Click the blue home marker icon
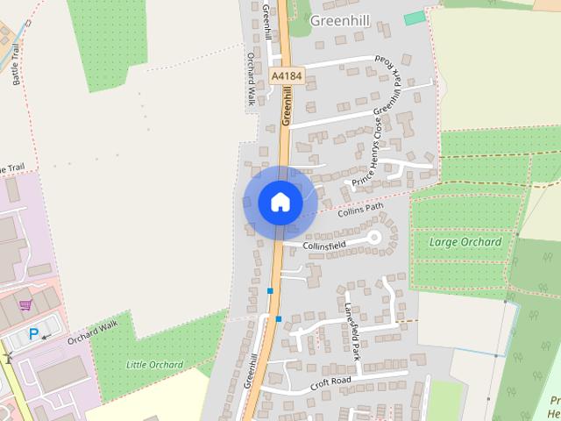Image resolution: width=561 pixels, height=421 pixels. tap(280, 203)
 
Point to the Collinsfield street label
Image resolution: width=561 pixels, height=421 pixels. tap(325, 246)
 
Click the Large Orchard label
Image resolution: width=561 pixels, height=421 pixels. tap(465, 242)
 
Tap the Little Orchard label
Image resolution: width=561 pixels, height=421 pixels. tap(154, 365)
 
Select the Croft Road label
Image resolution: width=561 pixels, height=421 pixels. tap(330, 383)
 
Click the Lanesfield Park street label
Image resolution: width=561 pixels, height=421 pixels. tap(352, 332)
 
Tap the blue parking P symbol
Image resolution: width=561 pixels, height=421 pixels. tap(34, 333)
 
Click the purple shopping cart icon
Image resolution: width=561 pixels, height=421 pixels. tap(26, 305)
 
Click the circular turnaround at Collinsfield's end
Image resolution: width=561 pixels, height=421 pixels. tap(374, 237)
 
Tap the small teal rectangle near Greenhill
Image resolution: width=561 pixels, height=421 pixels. tap(412, 18)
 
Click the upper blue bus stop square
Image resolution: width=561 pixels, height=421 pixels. tap(270, 290)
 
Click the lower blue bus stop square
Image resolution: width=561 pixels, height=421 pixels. tap(278, 318)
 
